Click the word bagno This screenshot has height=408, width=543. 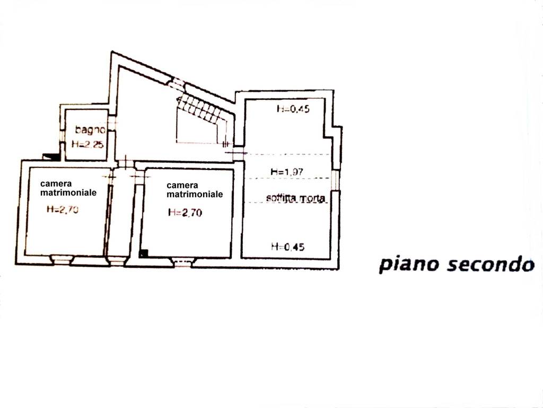[90, 130]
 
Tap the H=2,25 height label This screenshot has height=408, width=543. [87, 144]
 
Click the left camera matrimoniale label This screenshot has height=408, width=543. [68, 188]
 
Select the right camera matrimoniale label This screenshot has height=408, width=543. [195, 190]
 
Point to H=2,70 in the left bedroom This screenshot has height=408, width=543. [63, 209]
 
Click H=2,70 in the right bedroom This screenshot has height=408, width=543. [185, 212]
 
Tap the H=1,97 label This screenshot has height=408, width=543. [287, 172]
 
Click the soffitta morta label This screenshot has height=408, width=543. [296, 199]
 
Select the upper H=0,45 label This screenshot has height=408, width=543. [293, 108]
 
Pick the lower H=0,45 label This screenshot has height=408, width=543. [288, 246]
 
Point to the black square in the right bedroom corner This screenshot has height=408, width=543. [143, 253]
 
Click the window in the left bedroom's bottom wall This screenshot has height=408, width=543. [62, 259]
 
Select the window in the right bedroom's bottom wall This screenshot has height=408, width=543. [182, 262]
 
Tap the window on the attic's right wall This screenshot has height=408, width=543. [335, 180]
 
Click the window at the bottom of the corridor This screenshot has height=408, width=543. [116, 260]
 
